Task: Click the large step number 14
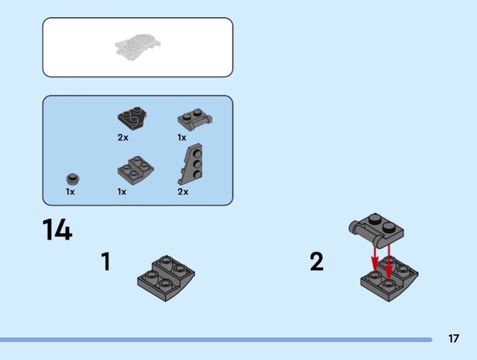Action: point(57,229)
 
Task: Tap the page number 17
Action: point(453,339)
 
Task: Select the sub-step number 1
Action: point(106,262)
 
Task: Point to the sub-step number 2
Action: point(317,262)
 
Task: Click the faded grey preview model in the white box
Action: point(138,47)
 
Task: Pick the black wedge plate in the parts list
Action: point(132,118)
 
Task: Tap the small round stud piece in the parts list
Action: point(73,179)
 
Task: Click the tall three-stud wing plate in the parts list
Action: point(191,164)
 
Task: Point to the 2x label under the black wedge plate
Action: point(123,138)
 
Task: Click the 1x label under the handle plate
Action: point(182,138)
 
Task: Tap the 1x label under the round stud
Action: point(70,192)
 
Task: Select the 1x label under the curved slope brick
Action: point(122,192)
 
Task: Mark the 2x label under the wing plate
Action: point(183,192)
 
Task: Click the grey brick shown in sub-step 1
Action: point(166,278)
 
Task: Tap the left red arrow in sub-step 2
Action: point(374,259)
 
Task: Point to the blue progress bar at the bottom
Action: point(216,340)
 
